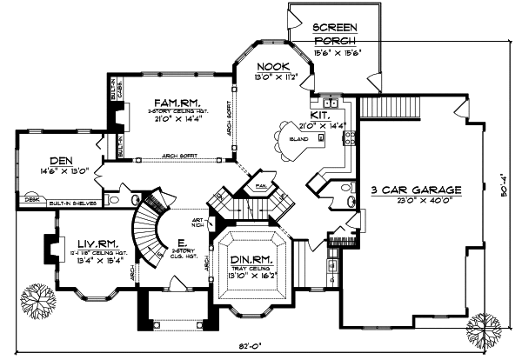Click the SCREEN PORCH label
point(335,32)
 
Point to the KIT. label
point(320,114)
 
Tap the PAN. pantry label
point(259,186)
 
